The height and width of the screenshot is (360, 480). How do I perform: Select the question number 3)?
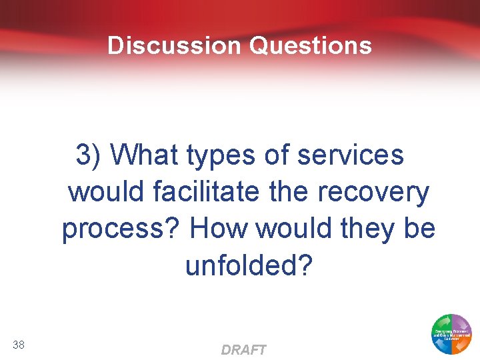coord(89,155)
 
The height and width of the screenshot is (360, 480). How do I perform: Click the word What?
coord(144,155)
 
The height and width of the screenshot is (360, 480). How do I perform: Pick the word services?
coord(351,155)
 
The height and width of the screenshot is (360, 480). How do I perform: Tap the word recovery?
coord(374,193)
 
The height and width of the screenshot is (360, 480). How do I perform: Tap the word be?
coord(419,229)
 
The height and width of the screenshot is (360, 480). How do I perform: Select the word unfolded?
coord(249,265)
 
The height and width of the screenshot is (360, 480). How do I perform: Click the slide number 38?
coord(19,344)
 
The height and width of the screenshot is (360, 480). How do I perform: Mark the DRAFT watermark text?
coord(243,350)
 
